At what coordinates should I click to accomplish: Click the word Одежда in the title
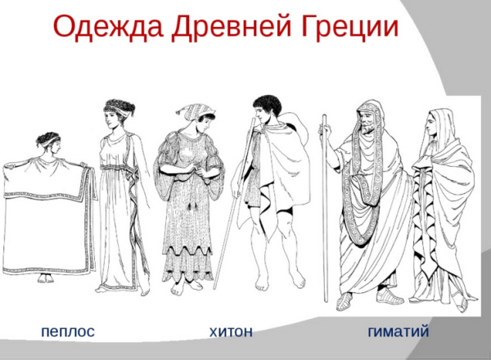tap(108, 27)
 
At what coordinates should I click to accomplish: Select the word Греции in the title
tap(349, 27)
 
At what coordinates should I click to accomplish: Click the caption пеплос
tap(68, 331)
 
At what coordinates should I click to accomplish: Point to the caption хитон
tap(231, 331)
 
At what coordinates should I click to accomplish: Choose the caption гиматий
tap(398, 331)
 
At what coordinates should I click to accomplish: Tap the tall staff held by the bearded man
tap(326, 208)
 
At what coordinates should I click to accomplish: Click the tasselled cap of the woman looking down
tap(196, 112)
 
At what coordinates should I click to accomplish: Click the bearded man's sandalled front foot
tap(345, 302)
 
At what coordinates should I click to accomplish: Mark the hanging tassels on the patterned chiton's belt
tap(191, 206)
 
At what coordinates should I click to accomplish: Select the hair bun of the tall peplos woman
tap(129, 110)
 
